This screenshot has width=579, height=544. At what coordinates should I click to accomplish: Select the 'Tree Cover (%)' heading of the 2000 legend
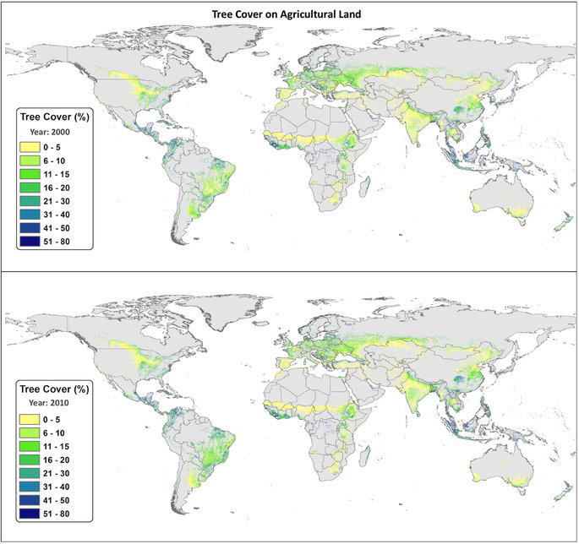tap(54, 118)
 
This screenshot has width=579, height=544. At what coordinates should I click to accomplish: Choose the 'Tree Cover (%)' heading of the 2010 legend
tap(54, 388)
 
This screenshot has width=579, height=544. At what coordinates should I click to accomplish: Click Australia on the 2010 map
tap(503, 469)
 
